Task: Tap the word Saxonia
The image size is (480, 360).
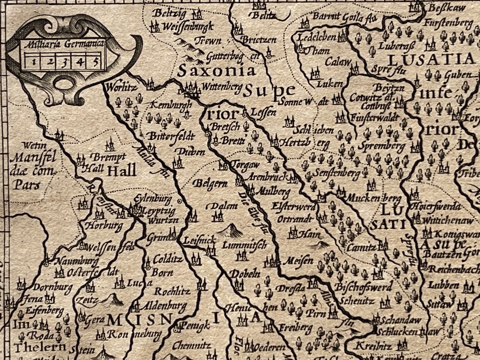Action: [x=216, y=71]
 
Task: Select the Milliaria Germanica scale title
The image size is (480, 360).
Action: [x=62, y=44]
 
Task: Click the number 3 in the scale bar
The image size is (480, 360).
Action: [x=64, y=62]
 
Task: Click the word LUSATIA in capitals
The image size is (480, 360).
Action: [x=430, y=60]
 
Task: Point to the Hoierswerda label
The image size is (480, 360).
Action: [x=440, y=206]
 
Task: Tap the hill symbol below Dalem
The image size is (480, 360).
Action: [x=230, y=231]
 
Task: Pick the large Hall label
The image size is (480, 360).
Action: [x=122, y=171]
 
